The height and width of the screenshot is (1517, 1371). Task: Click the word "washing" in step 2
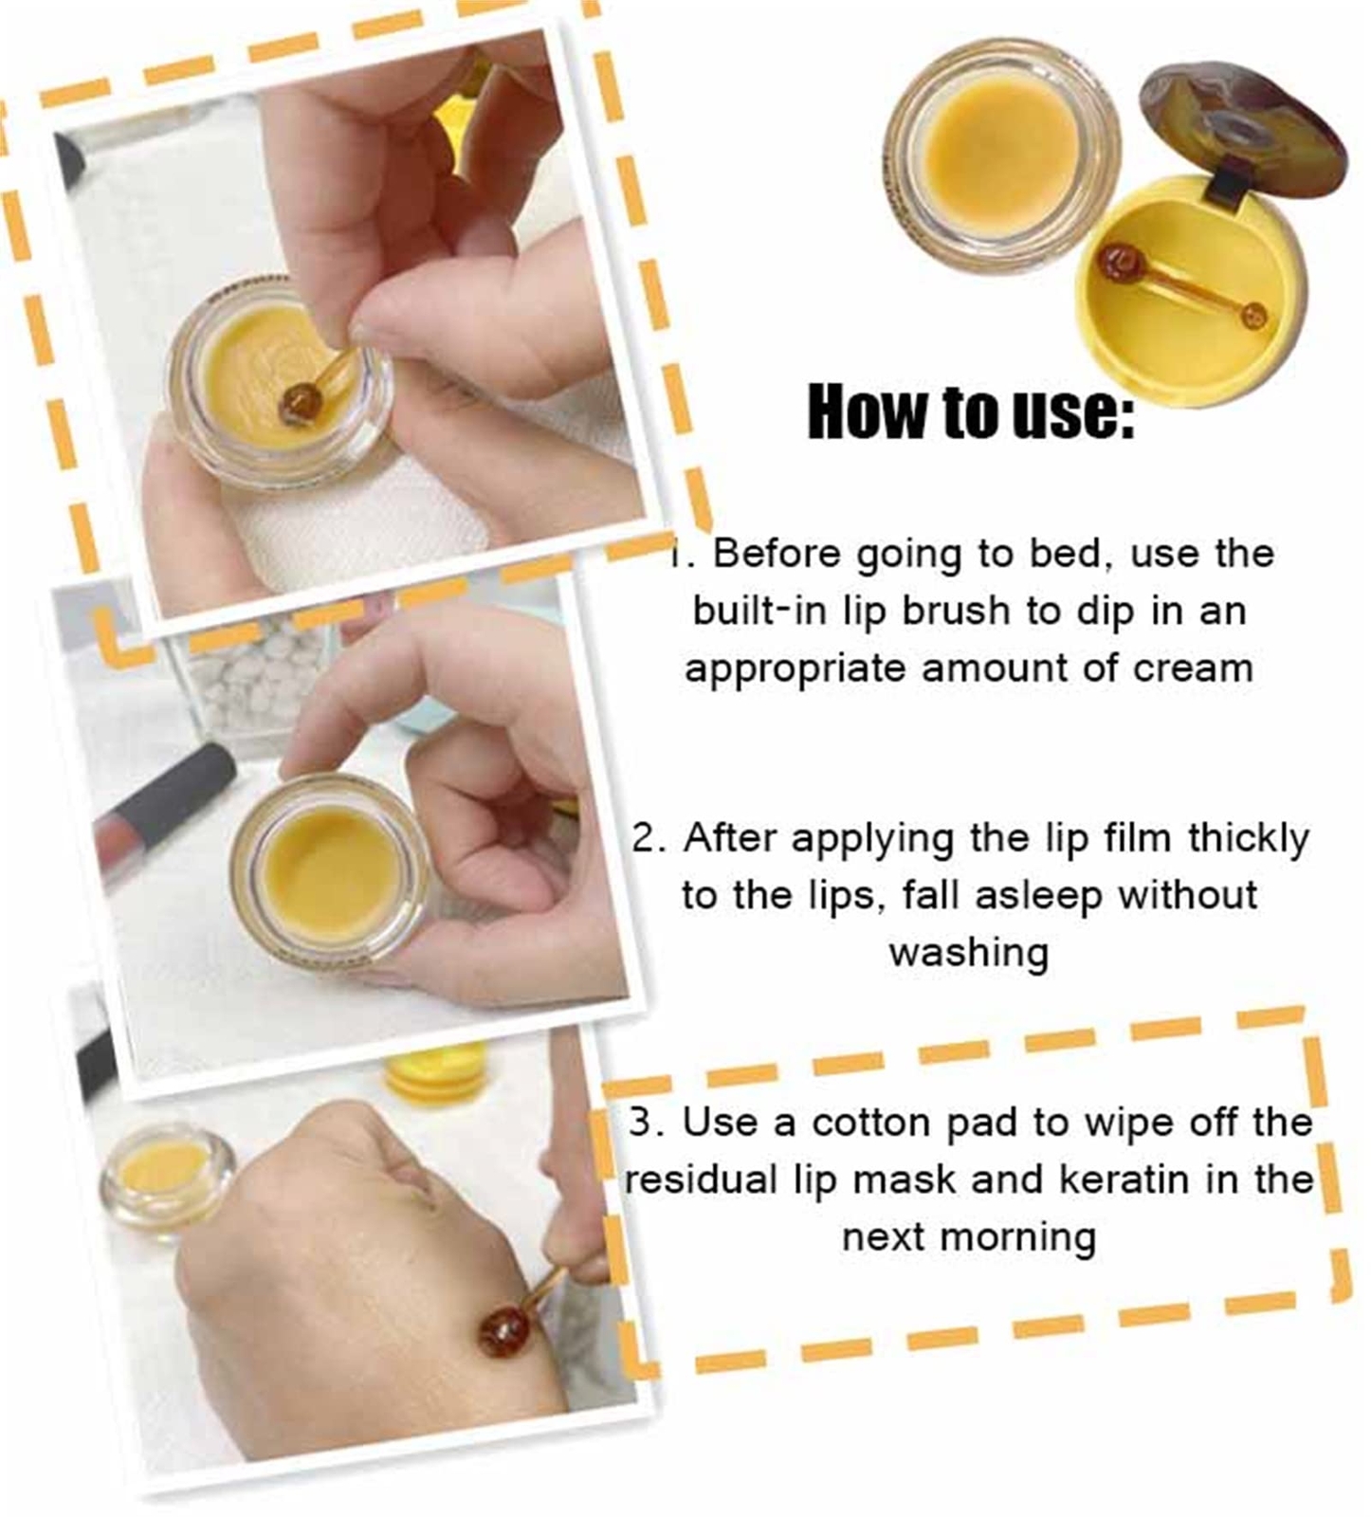[x=969, y=952]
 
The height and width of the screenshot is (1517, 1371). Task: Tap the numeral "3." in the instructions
[x=647, y=1123]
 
